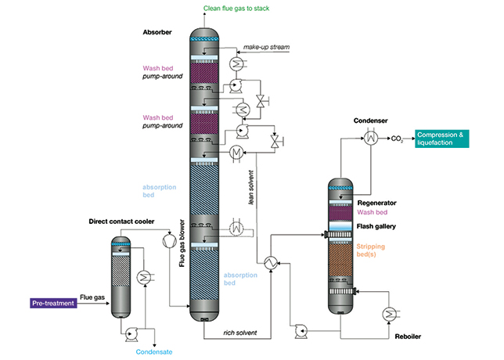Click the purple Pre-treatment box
52,302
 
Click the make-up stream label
266,48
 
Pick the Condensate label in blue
152,351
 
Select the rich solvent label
241,333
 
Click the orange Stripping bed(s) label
375,250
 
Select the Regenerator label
378,202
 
